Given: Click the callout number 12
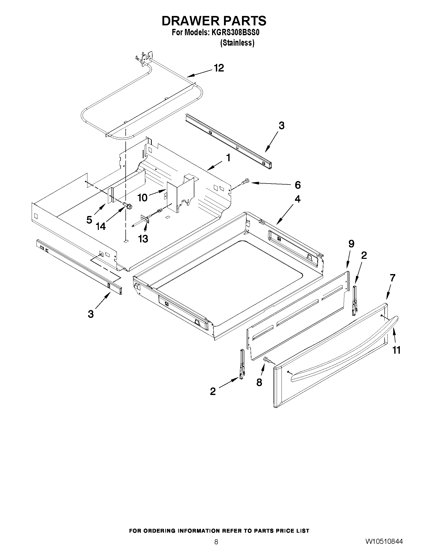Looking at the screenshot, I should [x=219, y=68].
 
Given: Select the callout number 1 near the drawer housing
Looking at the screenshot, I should [x=228, y=158].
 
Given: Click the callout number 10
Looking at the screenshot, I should [x=142, y=197].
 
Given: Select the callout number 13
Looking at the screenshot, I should [x=143, y=239].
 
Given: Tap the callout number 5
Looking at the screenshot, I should [x=89, y=220].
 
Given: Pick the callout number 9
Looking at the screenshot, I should [x=351, y=244].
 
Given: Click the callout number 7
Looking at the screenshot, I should [x=392, y=278].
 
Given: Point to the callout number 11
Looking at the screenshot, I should [x=396, y=350].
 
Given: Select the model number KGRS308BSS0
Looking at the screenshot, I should [x=232, y=33].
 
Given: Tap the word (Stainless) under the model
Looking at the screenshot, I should [x=237, y=43].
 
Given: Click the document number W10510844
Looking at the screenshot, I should [x=384, y=541].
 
